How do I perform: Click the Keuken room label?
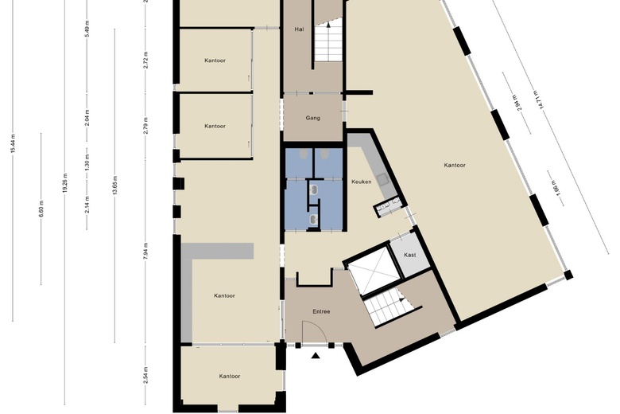(362, 182)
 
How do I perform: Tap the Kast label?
(410, 255)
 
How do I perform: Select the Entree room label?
(321, 311)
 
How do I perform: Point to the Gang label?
(313, 118)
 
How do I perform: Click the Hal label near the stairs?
(300, 28)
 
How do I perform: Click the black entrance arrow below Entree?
(316, 356)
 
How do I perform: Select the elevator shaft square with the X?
(373, 271)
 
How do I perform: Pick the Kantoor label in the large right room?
(455, 166)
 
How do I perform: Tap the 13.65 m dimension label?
(114, 185)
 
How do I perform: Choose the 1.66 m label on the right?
(555, 189)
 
